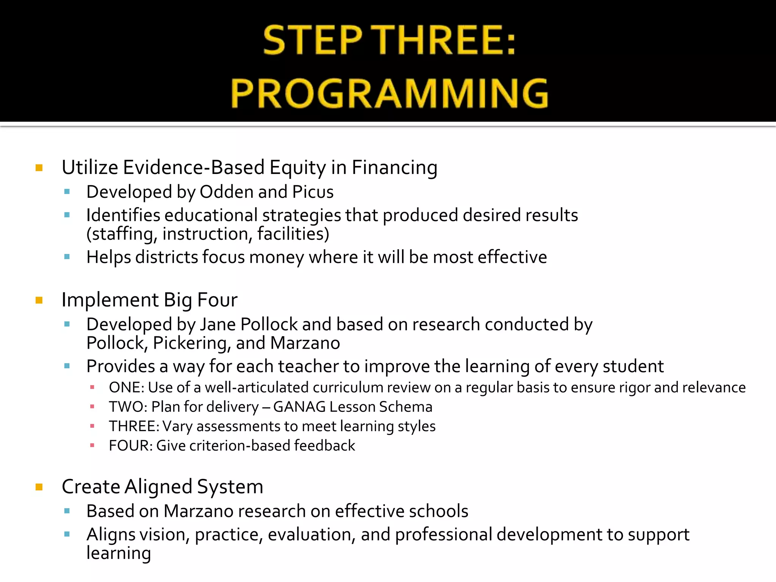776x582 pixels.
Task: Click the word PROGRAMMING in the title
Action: click(x=390, y=93)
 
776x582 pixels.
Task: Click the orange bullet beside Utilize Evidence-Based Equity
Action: click(x=39, y=167)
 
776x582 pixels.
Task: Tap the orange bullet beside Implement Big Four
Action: click(x=39, y=300)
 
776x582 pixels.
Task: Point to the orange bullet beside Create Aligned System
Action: click(x=39, y=487)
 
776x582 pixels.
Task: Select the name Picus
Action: click(x=313, y=192)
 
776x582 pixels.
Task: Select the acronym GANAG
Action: click(x=299, y=407)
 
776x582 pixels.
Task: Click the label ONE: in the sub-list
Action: click(x=126, y=388)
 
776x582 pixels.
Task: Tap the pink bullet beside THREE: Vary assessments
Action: click(x=92, y=426)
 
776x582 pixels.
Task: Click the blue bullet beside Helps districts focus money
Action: click(x=67, y=257)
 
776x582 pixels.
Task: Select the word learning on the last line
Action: click(x=119, y=553)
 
